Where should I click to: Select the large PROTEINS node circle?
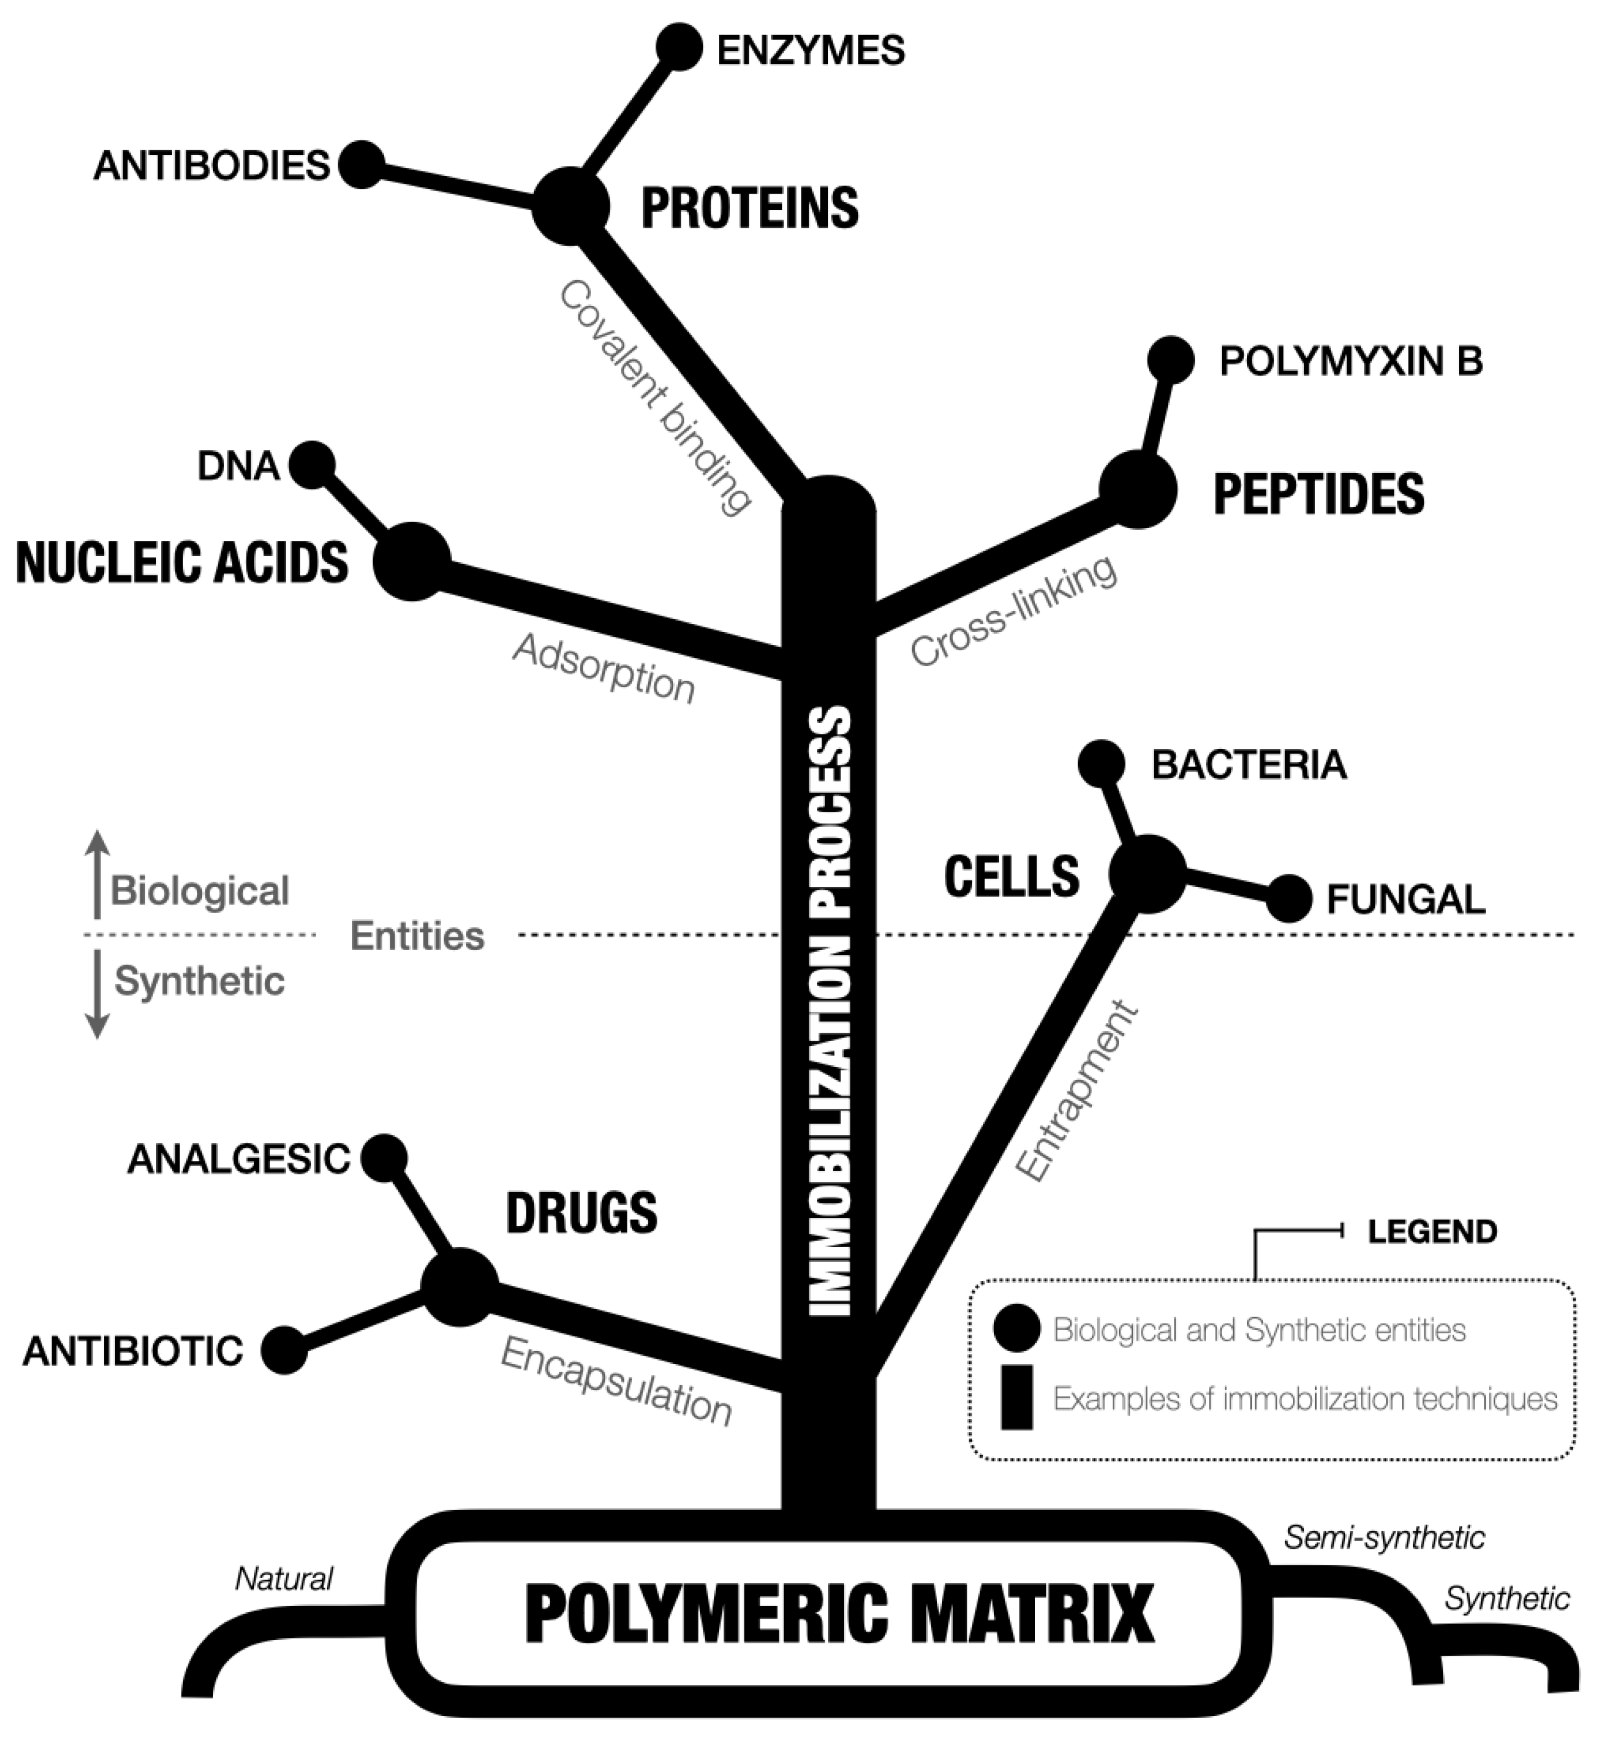coord(570,207)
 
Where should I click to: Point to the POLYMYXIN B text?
coord(1351,362)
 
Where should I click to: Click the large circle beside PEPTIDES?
coord(1138,489)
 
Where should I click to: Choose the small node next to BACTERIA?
coord(1102,764)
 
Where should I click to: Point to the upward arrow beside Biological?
coord(97,873)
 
